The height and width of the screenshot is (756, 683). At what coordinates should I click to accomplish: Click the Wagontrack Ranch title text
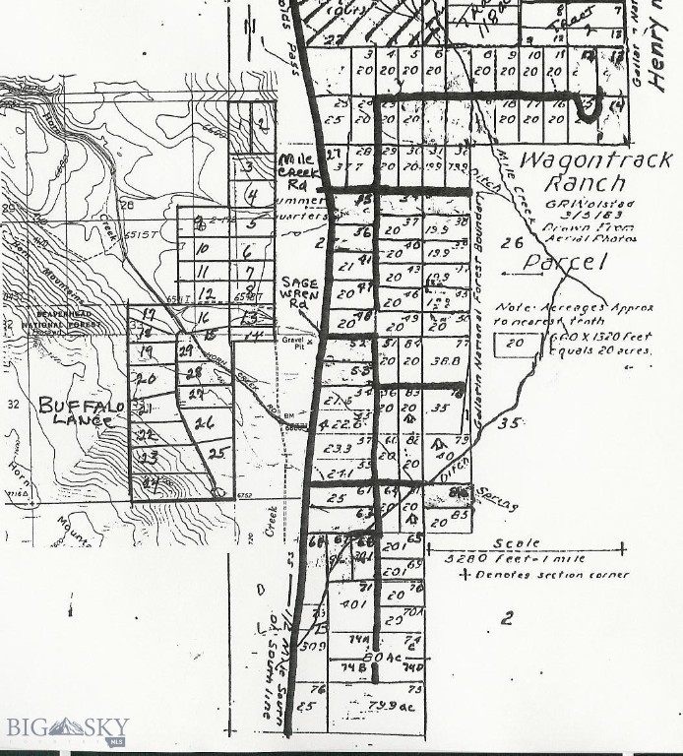pyautogui.click(x=595, y=171)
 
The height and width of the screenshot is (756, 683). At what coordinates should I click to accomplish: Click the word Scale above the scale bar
pyautogui.click(x=516, y=542)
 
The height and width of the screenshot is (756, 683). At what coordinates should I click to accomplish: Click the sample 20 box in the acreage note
pyautogui.click(x=513, y=344)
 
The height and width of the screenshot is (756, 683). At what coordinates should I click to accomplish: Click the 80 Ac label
pyautogui.click(x=380, y=657)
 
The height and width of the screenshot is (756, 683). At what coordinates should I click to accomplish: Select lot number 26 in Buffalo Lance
pyautogui.click(x=205, y=423)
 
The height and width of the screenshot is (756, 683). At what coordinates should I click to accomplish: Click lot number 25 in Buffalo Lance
pyautogui.click(x=218, y=453)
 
